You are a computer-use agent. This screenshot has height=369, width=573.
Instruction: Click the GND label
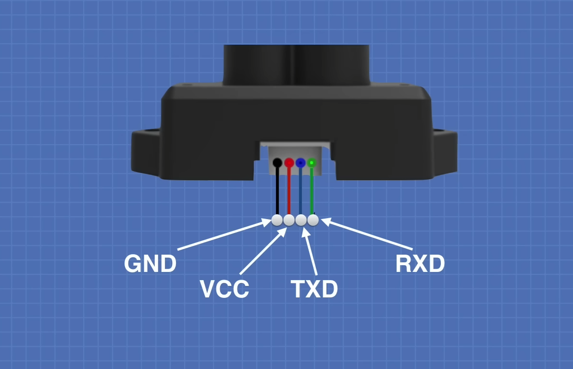point(150,264)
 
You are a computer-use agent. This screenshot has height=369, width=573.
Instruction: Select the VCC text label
point(224,289)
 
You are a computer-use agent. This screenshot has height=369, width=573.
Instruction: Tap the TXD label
point(314,289)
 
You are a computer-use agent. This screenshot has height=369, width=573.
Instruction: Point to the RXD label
point(420,264)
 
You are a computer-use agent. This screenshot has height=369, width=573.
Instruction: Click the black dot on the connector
point(277,162)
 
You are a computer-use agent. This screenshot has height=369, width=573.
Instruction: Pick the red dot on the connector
point(289,162)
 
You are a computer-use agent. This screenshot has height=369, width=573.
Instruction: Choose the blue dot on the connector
point(300,162)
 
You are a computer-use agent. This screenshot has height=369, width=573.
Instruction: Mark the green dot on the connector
point(311,163)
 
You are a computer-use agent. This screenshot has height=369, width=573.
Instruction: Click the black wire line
point(277,192)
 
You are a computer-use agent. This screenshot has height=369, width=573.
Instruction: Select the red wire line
point(289,192)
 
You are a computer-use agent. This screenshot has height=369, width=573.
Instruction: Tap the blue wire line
point(300,192)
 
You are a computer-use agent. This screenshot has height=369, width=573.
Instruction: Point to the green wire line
point(311,192)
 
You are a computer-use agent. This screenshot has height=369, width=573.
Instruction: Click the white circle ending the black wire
point(277,220)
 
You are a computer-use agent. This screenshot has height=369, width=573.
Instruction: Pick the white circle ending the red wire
point(289,220)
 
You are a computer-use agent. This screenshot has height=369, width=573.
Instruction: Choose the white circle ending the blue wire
point(301,220)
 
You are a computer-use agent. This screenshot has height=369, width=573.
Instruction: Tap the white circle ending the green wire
point(313,220)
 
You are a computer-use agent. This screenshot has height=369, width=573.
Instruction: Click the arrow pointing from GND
point(224,235)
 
